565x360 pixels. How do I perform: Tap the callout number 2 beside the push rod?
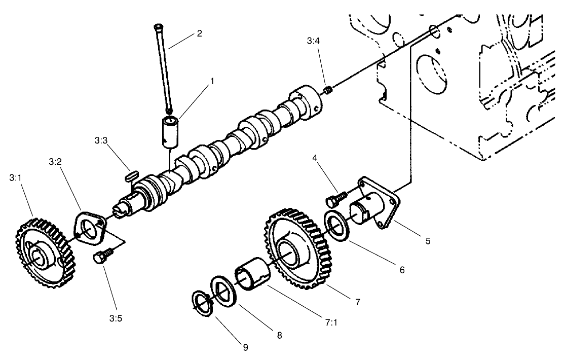click(x=199, y=33)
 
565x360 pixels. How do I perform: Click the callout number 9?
click(x=245, y=347)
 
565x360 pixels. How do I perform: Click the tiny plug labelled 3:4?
click(x=327, y=90)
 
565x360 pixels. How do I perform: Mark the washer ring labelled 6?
click(x=335, y=228)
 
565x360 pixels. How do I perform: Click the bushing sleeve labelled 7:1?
click(x=251, y=276)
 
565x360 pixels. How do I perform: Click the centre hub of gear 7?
click(x=287, y=251)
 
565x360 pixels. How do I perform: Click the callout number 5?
click(x=428, y=241)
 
